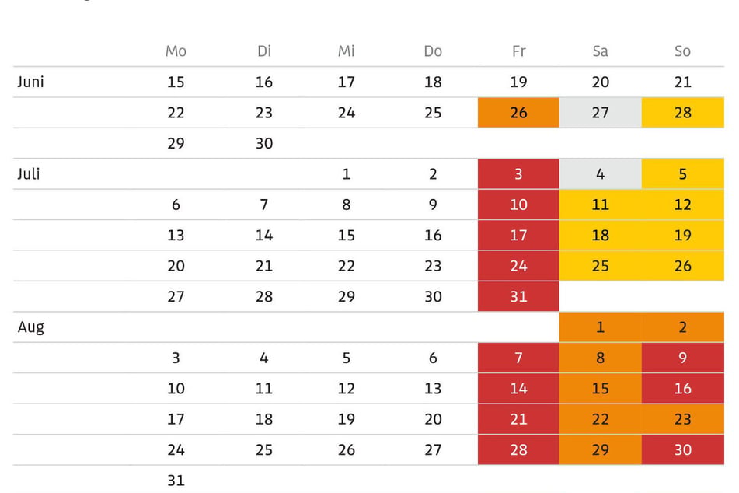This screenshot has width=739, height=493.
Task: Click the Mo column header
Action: (x=176, y=51)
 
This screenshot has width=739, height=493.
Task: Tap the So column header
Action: (x=682, y=51)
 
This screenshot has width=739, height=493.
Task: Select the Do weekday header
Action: (x=433, y=51)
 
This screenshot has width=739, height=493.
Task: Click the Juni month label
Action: (x=30, y=82)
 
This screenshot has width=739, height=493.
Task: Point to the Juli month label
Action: (x=28, y=174)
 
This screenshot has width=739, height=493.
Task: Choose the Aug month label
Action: (x=31, y=327)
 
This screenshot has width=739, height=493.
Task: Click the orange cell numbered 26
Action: (x=518, y=112)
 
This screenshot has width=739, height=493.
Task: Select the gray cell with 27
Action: (x=601, y=112)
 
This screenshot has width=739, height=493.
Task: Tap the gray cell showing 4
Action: (x=601, y=173)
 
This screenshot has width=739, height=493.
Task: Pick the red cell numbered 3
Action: (x=518, y=173)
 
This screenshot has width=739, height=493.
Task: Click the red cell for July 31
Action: (x=518, y=296)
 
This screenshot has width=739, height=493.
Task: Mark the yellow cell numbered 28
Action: (x=683, y=112)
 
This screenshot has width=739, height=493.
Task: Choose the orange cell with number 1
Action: (x=601, y=327)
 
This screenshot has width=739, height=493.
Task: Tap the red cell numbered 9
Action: (x=683, y=358)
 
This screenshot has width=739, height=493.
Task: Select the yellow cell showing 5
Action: (x=683, y=173)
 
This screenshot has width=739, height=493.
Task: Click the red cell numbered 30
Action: (x=683, y=449)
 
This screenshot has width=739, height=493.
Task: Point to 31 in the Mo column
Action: (x=176, y=481)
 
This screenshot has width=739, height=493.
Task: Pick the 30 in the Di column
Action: (x=264, y=143)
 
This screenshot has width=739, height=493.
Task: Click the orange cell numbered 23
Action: (x=683, y=419)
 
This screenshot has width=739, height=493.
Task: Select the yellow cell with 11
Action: (x=601, y=205)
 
